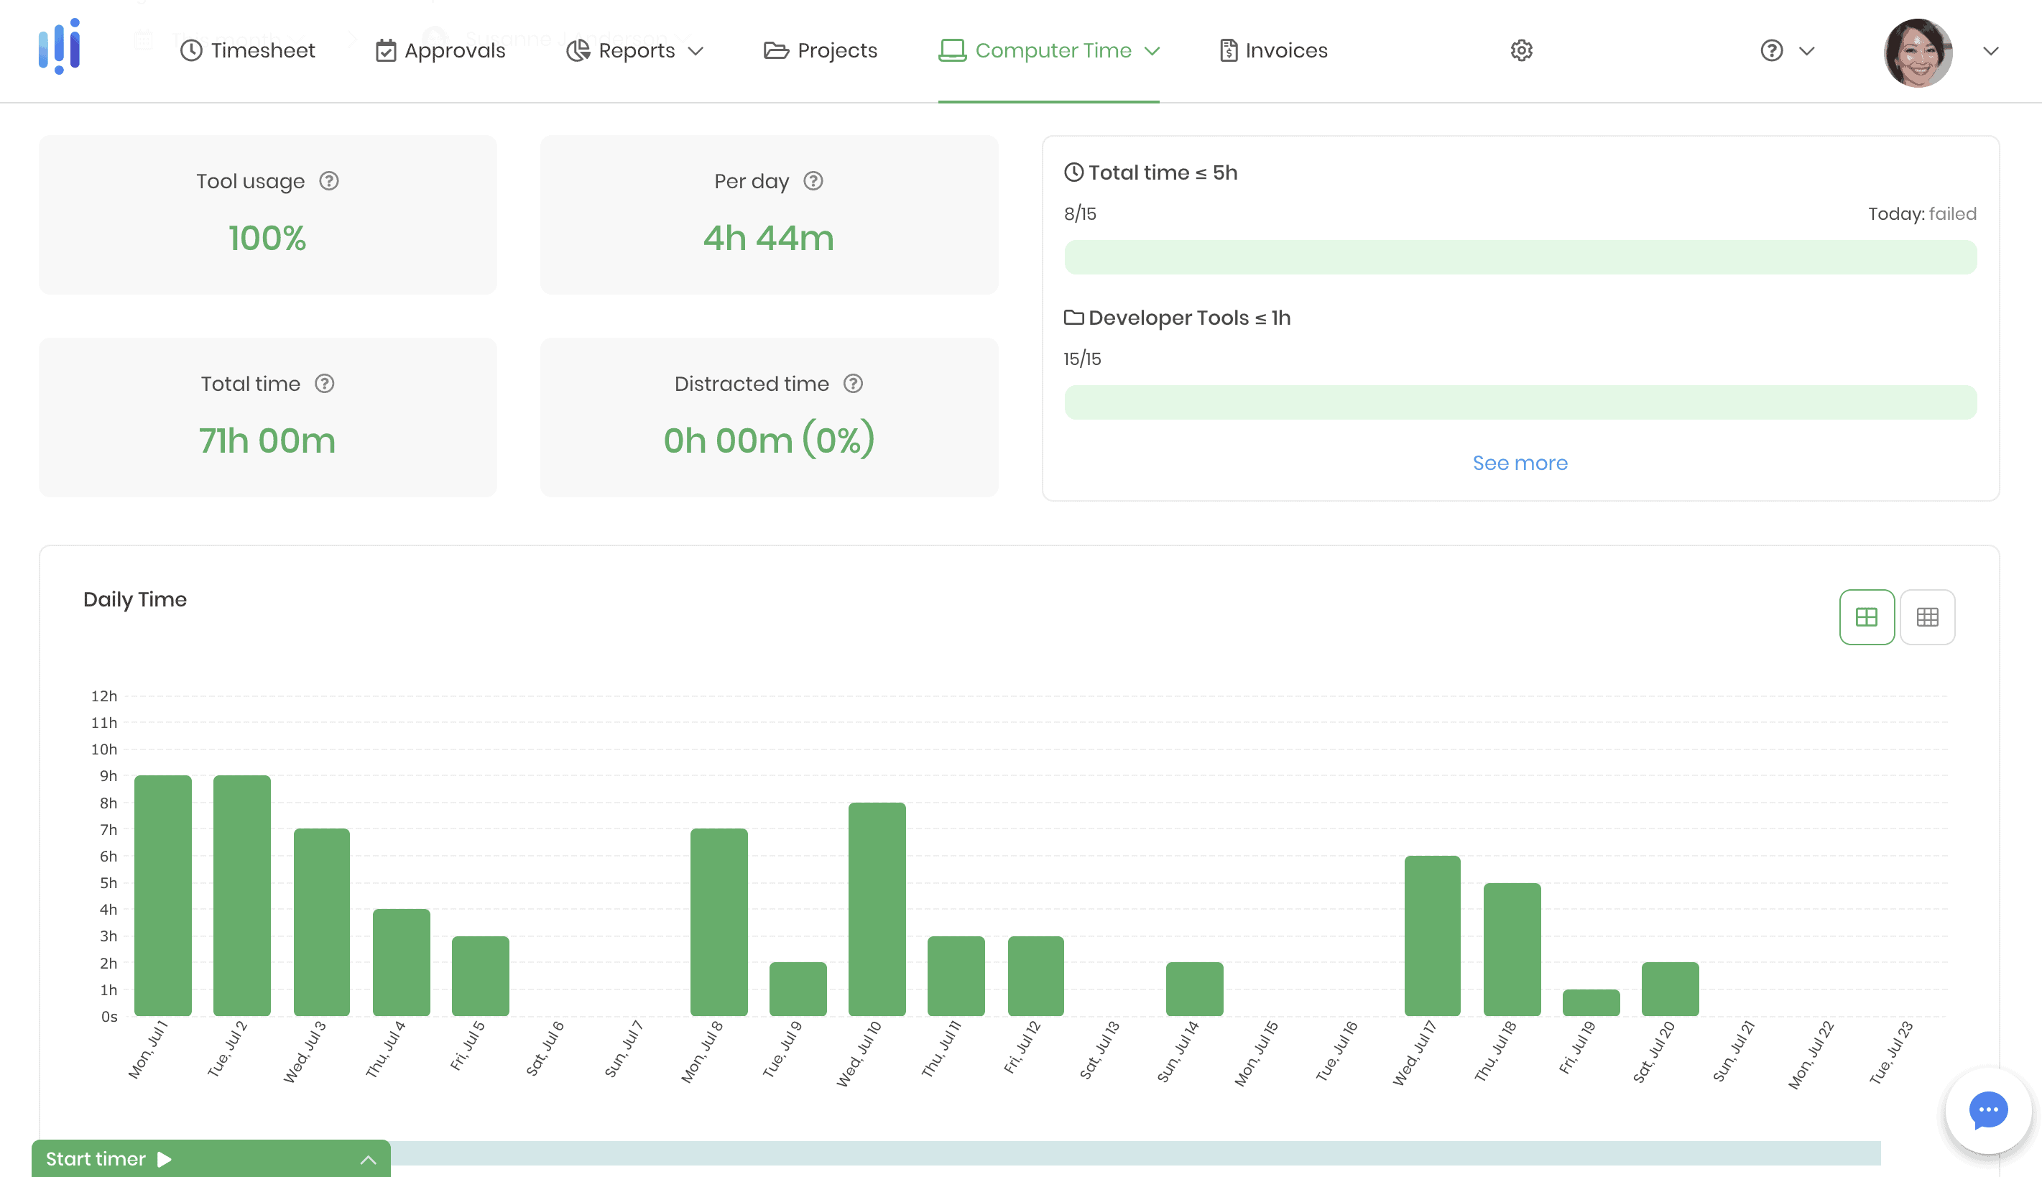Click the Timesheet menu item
coord(247,51)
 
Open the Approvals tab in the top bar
coord(440,51)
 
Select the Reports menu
coord(634,51)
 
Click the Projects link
coord(821,51)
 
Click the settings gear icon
coord(1522,51)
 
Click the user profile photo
coord(1918,52)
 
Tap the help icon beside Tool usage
coord(329,181)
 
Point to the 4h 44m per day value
coord(769,239)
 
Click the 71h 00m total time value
coord(267,440)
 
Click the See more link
coord(1520,463)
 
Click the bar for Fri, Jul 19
coord(1591,1002)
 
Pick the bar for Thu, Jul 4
coord(401,962)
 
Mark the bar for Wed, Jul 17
coord(1432,936)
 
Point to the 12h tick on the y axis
coord(104,696)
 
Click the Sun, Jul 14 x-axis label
coord(1179,1051)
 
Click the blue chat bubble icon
coord(1988,1110)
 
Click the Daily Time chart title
coord(135,600)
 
